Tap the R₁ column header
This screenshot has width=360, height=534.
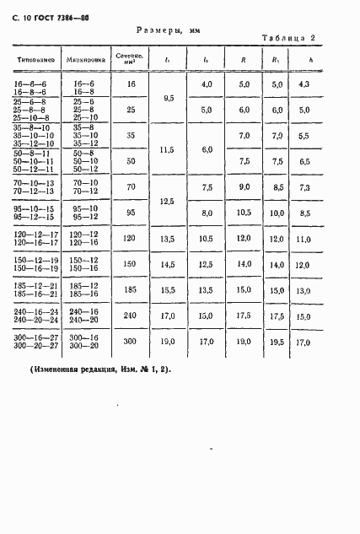click(276, 60)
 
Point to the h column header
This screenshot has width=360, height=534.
click(310, 60)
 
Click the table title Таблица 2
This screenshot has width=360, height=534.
click(288, 38)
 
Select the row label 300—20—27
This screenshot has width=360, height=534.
click(35, 346)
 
